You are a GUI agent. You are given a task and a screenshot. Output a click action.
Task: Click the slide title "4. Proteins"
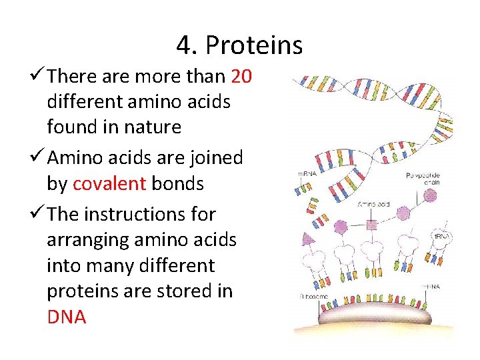click(x=239, y=45)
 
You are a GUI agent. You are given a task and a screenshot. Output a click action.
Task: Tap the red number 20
click(x=241, y=77)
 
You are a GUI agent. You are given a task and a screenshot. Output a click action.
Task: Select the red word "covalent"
click(x=109, y=183)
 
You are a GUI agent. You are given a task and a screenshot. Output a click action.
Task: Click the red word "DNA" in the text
click(x=67, y=317)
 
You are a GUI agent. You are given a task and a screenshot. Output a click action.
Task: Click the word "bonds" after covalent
click(x=177, y=183)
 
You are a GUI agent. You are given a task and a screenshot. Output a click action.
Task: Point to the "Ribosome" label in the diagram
click(x=314, y=296)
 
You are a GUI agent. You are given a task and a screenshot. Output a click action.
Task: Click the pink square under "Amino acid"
click(x=372, y=225)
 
